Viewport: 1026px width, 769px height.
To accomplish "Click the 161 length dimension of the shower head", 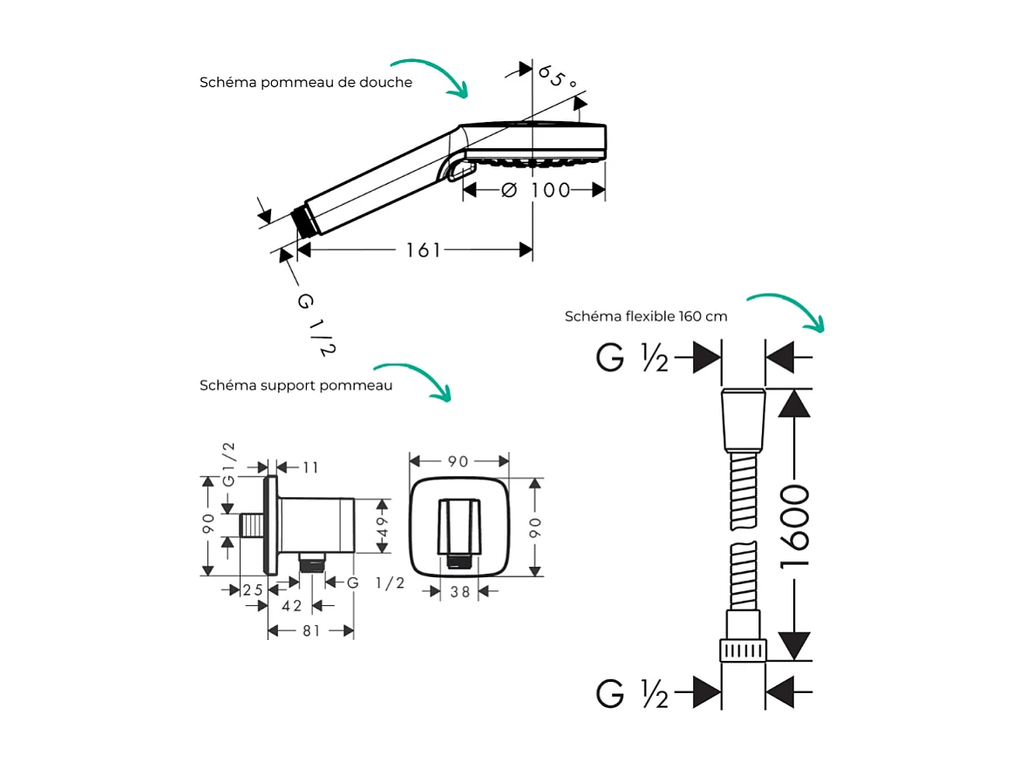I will click(423, 250).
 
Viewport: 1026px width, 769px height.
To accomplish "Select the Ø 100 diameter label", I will click(536, 190).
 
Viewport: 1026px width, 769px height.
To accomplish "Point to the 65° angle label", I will click(558, 76).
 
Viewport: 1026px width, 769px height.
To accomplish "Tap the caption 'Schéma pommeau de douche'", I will click(306, 83).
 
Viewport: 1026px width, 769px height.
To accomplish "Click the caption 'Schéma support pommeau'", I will click(296, 385).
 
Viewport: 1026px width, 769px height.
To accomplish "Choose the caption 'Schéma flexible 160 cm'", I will click(645, 316).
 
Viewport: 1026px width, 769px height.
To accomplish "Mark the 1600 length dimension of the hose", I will click(795, 525).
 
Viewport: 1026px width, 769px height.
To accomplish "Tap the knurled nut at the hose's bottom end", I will click(743, 650).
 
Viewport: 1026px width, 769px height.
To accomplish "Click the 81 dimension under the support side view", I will click(311, 630).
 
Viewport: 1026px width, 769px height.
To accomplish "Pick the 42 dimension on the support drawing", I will click(291, 606).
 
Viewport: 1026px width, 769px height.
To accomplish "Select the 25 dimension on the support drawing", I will click(253, 590).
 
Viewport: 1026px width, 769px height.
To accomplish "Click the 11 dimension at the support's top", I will click(310, 467).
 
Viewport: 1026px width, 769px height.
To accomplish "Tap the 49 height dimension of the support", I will click(382, 527).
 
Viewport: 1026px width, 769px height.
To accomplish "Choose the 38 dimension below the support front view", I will click(460, 591).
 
